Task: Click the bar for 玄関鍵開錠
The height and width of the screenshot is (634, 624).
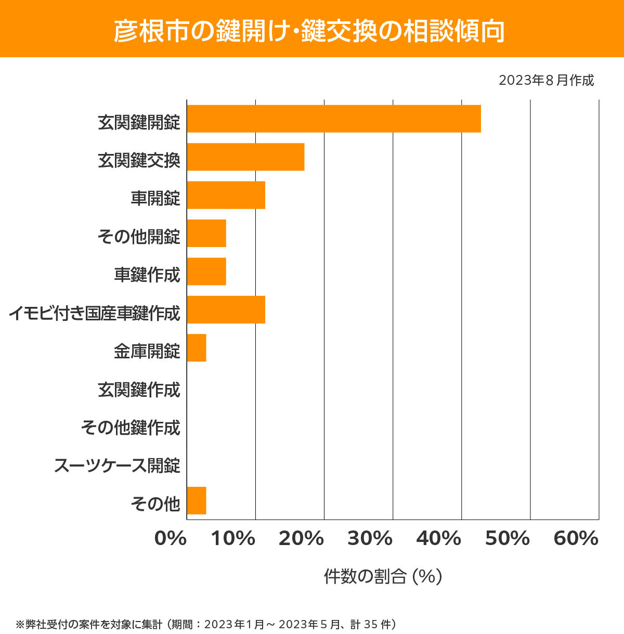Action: click(x=333, y=119)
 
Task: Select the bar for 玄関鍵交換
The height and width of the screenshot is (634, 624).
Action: click(x=245, y=157)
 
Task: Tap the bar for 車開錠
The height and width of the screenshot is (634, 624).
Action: click(x=226, y=195)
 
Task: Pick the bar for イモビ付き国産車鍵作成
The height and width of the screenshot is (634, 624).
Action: click(x=226, y=309)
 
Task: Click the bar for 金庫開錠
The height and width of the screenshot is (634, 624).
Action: click(x=197, y=348)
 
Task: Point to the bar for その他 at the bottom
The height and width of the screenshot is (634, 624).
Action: click(x=197, y=500)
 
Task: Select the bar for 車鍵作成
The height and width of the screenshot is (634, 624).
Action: click(x=206, y=271)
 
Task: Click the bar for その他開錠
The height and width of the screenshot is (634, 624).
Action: click(x=206, y=233)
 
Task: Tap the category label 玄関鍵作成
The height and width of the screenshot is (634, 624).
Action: click(x=139, y=390)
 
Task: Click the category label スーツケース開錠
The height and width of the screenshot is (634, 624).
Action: click(x=117, y=465)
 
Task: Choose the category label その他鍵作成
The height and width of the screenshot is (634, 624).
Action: click(x=131, y=428)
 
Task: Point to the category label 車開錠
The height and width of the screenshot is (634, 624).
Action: click(x=155, y=198)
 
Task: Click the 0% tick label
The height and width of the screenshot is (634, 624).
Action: click(x=171, y=539)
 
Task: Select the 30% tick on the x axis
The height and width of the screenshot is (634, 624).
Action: click(x=370, y=539)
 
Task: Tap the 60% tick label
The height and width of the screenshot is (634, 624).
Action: click(x=576, y=539)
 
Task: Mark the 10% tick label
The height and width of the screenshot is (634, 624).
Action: click(x=233, y=539)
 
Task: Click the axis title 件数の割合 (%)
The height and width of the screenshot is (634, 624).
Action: click(x=383, y=576)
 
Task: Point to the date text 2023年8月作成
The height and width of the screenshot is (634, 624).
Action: click(x=546, y=81)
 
